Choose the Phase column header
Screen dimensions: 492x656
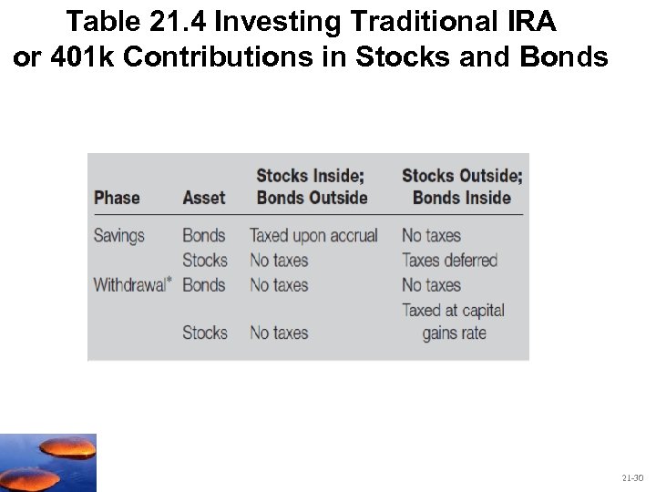pos(117,198)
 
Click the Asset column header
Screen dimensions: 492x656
pos(204,198)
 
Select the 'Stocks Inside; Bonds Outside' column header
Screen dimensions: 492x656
pos(313,187)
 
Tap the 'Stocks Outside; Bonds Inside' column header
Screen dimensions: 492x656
pos(462,187)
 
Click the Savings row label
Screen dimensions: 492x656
pos(119,236)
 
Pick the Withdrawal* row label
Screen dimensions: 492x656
pos(130,284)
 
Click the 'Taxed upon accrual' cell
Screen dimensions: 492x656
pos(313,236)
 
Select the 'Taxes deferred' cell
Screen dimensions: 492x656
pos(450,261)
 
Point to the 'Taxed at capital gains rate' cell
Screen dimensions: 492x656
pos(453,322)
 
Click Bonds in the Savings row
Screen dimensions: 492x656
pos(203,236)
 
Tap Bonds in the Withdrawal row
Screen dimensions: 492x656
pos(203,284)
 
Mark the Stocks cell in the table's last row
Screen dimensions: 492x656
pos(204,333)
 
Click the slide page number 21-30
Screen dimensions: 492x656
pos(633,477)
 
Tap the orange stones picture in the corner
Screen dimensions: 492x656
pos(47,463)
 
